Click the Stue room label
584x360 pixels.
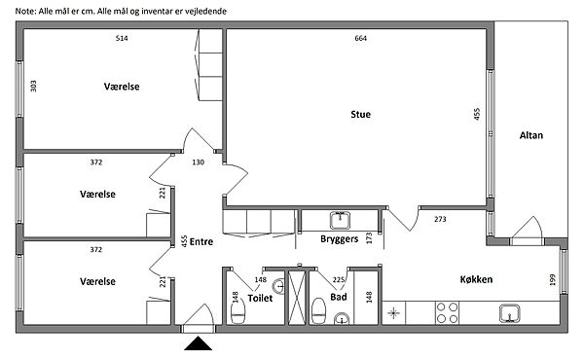[x=360, y=114]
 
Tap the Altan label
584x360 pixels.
[x=531, y=135]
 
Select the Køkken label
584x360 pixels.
[x=476, y=279]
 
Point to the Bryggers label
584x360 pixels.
[x=340, y=239]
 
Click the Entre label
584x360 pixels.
[x=201, y=241]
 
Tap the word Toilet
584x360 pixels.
[x=260, y=298]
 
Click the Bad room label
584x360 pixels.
[x=338, y=297]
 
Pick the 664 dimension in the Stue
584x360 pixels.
[x=360, y=38]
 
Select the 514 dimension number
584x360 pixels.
[x=122, y=38]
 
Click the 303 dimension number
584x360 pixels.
[x=33, y=86]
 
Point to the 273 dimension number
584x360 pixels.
[x=440, y=219]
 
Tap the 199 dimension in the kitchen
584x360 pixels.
[x=552, y=279]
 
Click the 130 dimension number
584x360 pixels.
[x=199, y=162]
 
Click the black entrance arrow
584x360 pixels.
[x=199, y=343]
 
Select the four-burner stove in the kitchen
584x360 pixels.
[x=448, y=312]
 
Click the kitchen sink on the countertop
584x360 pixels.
[x=509, y=313]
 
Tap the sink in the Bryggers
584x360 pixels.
[x=340, y=220]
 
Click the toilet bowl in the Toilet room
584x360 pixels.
[x=237, y=311]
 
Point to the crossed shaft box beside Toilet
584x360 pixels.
[x=297, y=298]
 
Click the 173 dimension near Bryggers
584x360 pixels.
[x=369, y=237]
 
